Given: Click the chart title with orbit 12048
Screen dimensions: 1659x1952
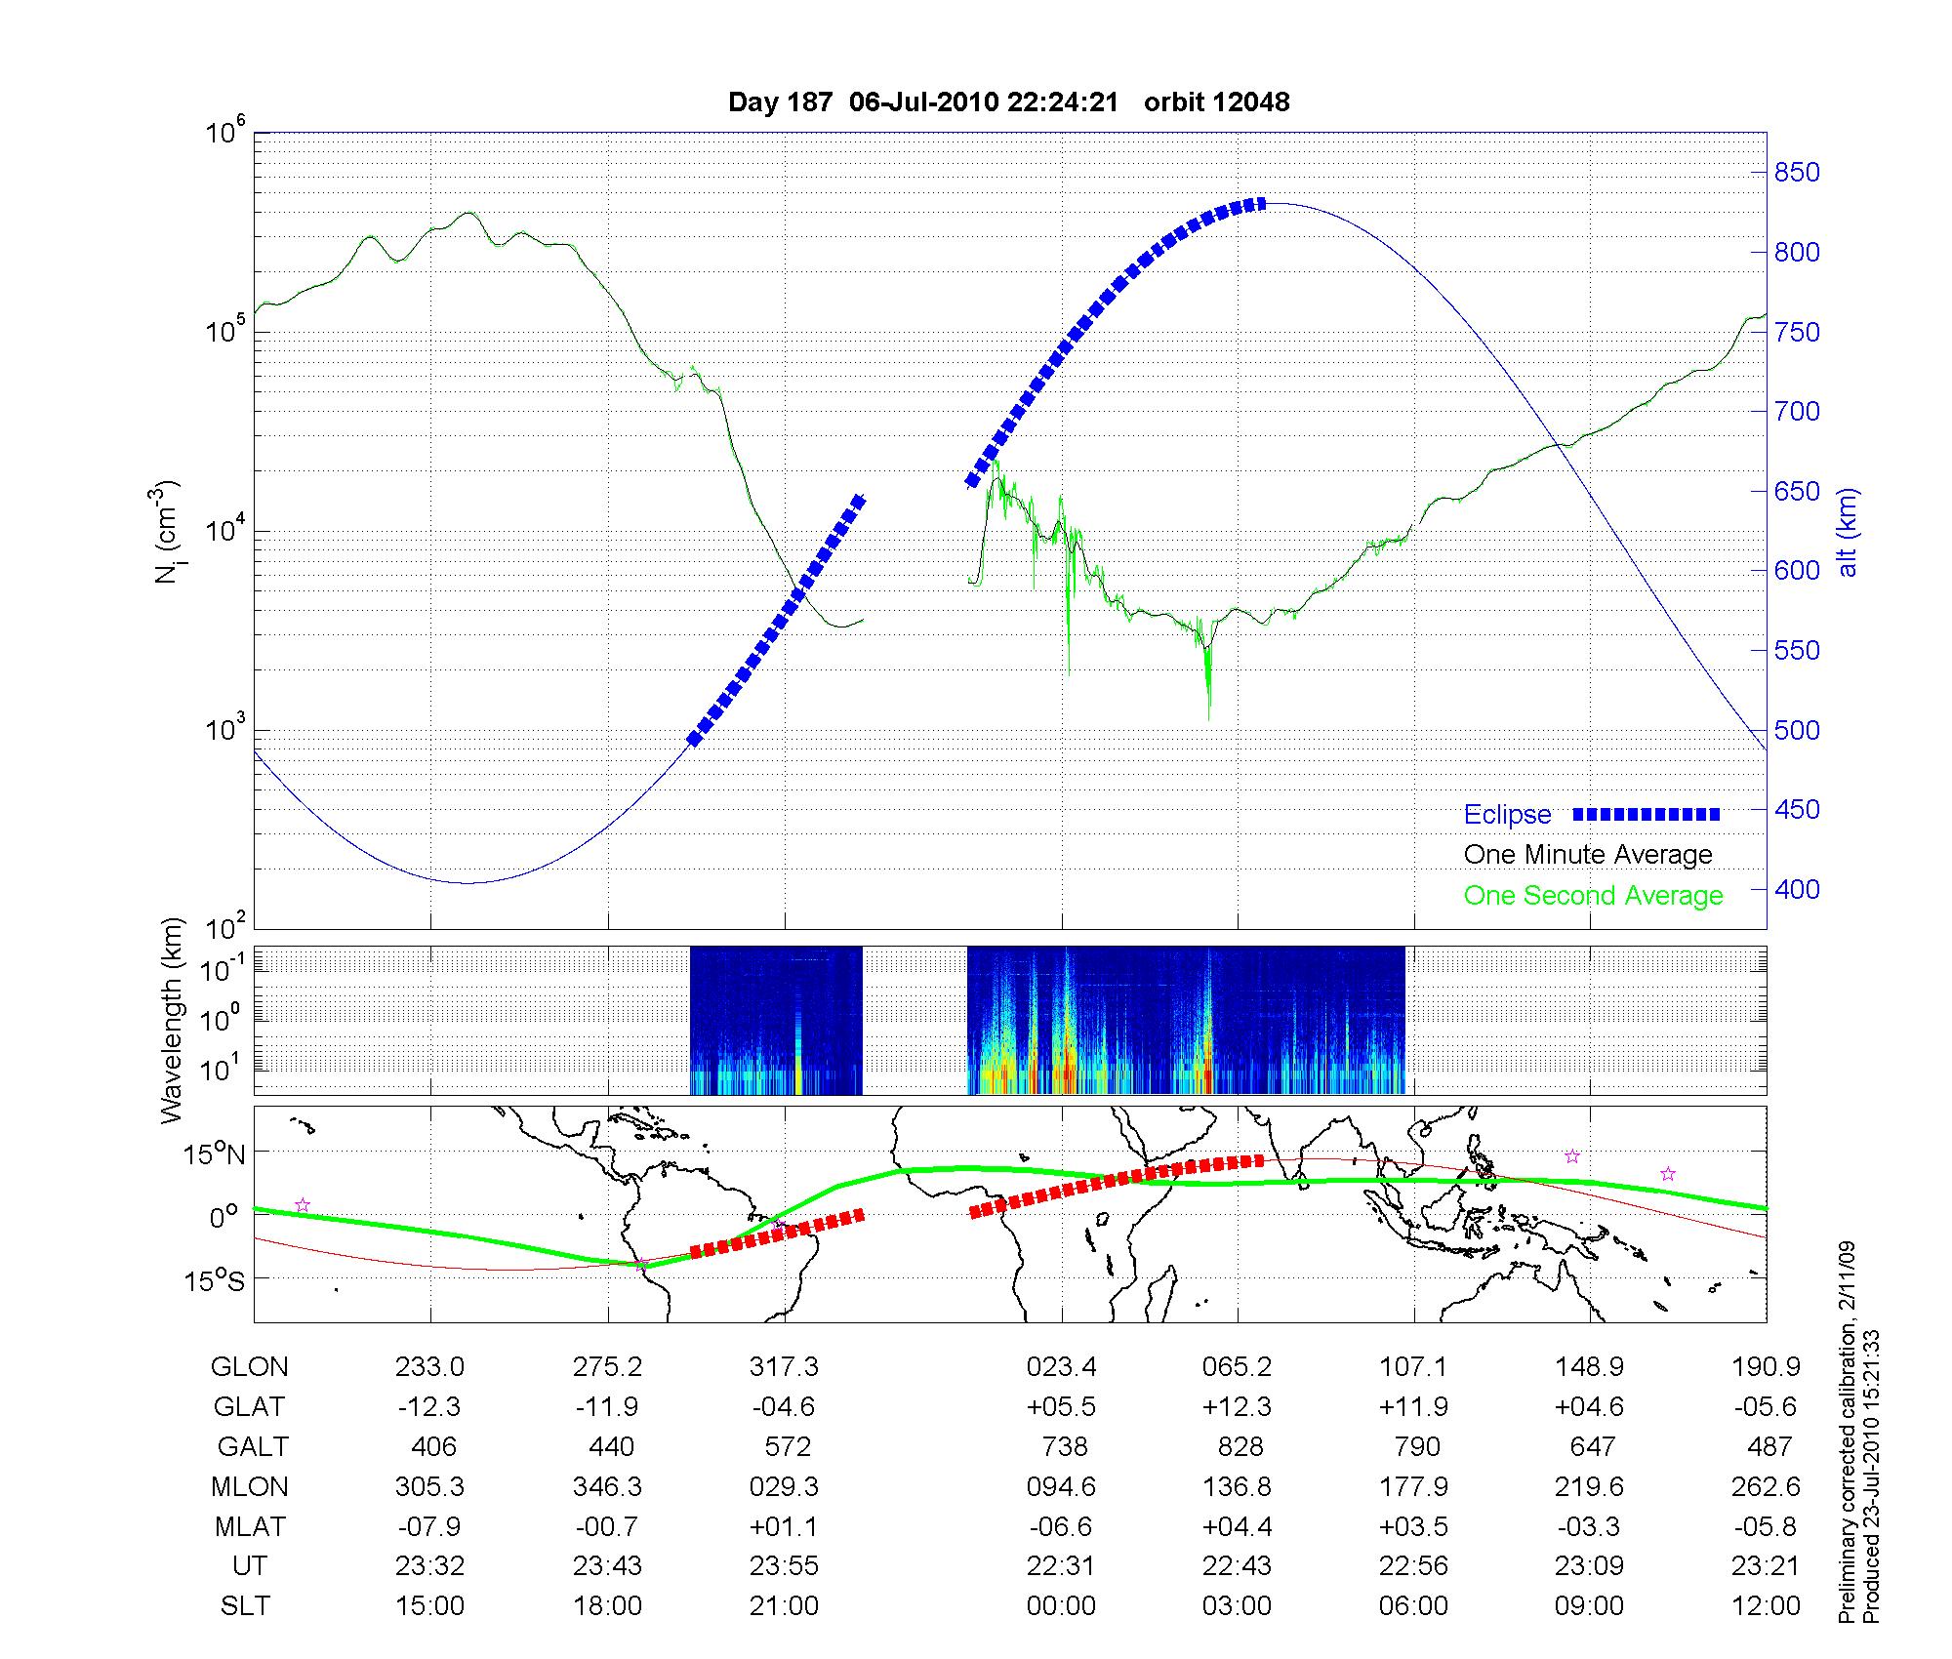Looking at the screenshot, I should click(1008, 102).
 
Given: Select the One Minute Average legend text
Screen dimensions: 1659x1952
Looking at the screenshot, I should click(1588, 855).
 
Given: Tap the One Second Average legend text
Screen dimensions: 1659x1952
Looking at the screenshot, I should click(1593, 896).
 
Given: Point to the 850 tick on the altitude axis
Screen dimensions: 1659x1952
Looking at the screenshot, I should click(1796, 173).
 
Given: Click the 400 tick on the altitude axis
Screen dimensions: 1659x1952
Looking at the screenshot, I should click(1796, 890).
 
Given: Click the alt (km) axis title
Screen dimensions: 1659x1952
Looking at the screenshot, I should click(1848, 532).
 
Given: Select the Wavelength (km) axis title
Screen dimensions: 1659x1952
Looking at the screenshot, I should click(173, 1021).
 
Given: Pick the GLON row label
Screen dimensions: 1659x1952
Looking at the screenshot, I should click(250, 1367).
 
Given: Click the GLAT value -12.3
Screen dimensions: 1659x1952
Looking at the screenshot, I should click(429, 1407).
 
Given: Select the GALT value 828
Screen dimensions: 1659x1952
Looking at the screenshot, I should click(1240, 1446).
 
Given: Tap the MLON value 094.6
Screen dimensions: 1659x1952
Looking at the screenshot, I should click(1061, 1486).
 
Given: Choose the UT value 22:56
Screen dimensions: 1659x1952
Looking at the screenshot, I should click(1414, 1566).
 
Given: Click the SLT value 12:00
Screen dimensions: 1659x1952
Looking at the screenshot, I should click(1766, 1605).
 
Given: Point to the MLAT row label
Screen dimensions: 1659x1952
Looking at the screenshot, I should click(250, 1526).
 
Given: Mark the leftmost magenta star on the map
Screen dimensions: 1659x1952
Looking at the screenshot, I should click(303, 1205).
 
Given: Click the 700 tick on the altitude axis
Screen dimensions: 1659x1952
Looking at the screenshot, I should click(1796, 412).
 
